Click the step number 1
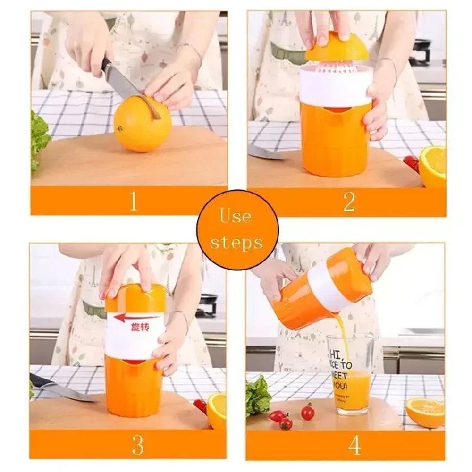tap(134, 201)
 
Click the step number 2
tap(349, 202)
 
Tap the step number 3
tap(137, 444)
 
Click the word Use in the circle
tap(235, 217)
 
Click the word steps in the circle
tap(236, 243)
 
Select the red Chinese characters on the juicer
tap(140, 327)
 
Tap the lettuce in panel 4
tap(258, 396)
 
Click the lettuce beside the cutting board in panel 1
tap(40, 139)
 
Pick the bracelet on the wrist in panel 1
tap(190, 49)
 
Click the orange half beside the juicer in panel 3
tap(217, 410)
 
